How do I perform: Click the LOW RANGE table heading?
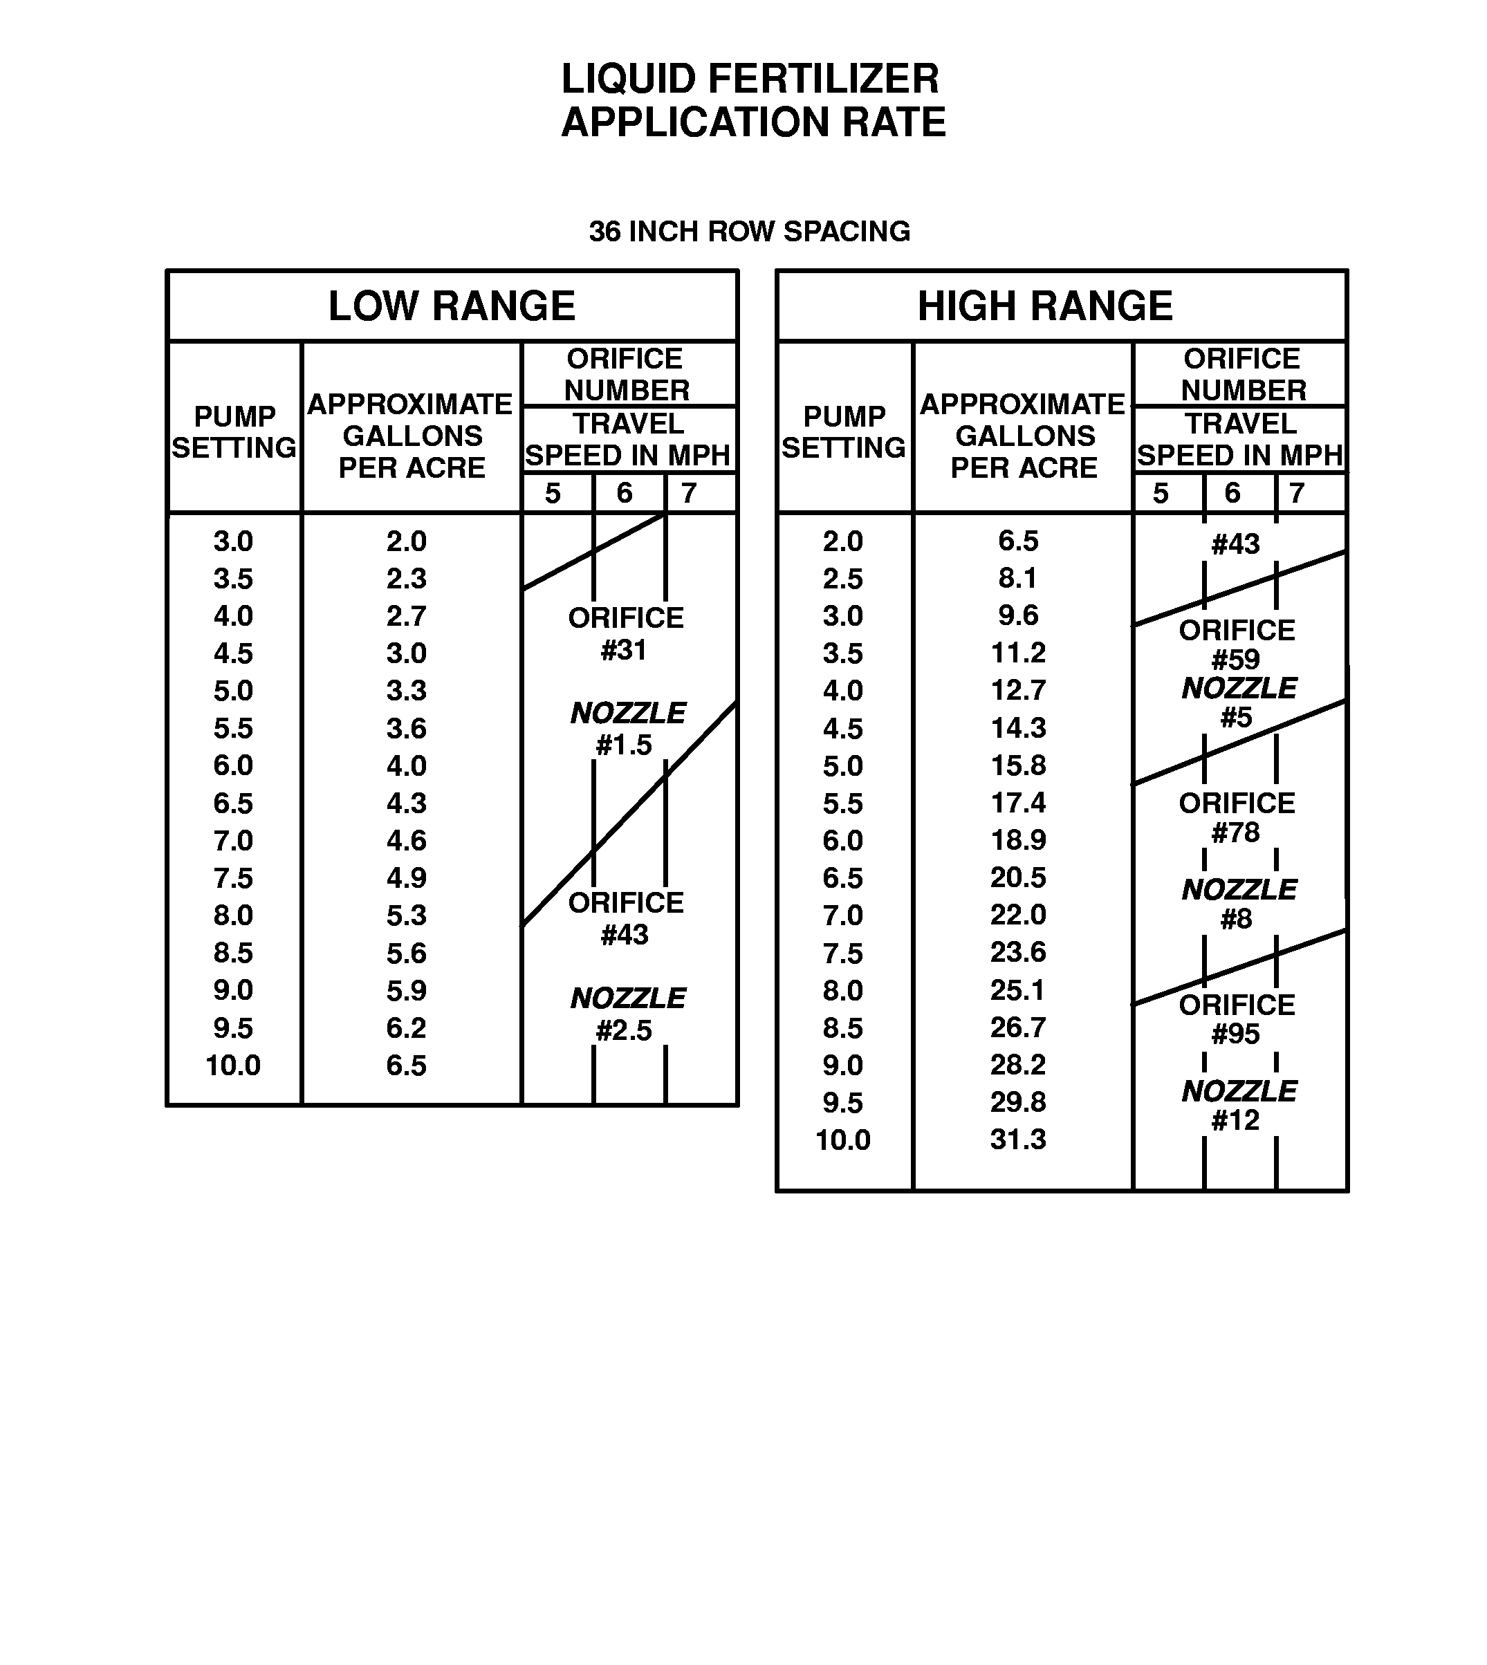click(452, 306)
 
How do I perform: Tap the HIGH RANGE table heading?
click(1045, 306)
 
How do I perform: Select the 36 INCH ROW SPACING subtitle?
click(749, 231)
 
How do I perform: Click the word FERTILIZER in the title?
click(823, 80)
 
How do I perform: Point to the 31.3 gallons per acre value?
click(1018, 1140)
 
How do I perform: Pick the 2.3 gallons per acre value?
click(406, 579)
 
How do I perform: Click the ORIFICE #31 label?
click(626, 634)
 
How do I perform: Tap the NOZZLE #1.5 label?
click(627, 729)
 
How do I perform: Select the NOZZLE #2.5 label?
click(627, 1014)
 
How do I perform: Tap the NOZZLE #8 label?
click(1238, 904)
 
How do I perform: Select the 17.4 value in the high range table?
click(1018, 803)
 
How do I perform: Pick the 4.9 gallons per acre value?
click(406, 878)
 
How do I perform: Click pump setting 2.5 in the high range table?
click(842, 579)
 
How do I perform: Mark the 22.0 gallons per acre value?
click(1018, 915)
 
